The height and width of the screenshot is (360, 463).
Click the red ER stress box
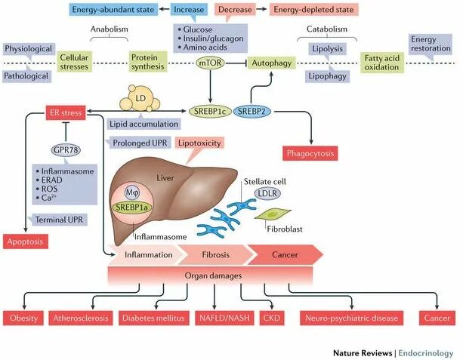[x=64, y=112]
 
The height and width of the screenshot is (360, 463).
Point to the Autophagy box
[x=270, y=64]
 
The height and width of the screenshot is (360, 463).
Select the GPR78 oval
[x=66, y=150]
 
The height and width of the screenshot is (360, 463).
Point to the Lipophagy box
[x=326, y=76]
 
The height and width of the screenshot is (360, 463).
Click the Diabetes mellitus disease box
[x=153, y=318]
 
